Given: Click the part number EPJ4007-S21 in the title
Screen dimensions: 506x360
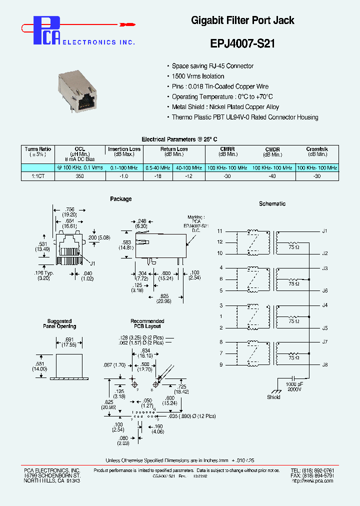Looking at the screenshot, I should (x=242, y=43).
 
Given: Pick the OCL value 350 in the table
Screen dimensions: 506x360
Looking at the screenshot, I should (x=79, y=176).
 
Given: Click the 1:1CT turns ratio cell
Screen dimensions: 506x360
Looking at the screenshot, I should (x=38, y=176).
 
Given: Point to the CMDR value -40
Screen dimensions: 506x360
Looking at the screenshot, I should (x=272, y=176).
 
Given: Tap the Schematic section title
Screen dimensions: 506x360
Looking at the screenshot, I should (x=272, y=203).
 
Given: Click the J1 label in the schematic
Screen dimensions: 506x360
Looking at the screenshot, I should (x=324, y=231).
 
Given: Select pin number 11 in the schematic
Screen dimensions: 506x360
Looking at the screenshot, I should (x=220, y=231).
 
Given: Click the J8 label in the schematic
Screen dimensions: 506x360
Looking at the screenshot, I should (x=324, y=364).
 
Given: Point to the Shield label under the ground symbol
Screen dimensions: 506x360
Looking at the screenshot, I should (x=273, y=397).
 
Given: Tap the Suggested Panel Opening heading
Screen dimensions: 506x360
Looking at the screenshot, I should (x=59, y=324).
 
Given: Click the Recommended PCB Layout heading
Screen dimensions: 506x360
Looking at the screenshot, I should (x=147, y=324).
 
